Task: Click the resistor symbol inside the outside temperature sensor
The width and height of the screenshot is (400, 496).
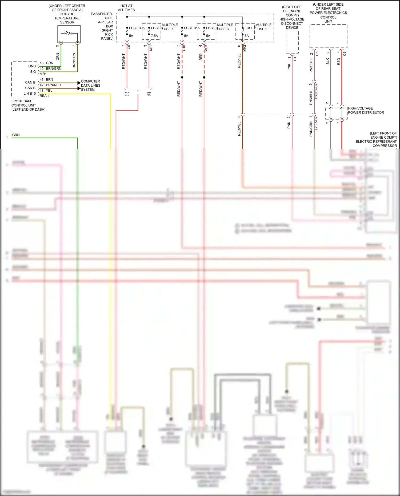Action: pyautogui.click(x=69, y=33)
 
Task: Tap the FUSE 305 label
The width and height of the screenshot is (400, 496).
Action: pyautogui.click(x=137, y=28)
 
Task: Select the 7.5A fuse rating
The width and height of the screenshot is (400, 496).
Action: pyautogui.click(x=154, y=36)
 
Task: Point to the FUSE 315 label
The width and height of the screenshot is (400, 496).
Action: pyautogui.click(x=192, y=28)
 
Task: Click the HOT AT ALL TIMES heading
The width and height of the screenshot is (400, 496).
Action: pyautogui.click(x=126, y=8)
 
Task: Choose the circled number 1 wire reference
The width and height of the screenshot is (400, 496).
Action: pyautogui.click(x=127, y=94)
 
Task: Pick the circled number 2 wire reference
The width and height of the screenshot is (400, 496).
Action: pyautogui.click(x=149, y=94)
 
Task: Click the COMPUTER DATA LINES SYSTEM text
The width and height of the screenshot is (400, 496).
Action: pyautogui.click(x=91, y=85)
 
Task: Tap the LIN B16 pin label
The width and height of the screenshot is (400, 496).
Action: pyautogui.click(x=30, y=94)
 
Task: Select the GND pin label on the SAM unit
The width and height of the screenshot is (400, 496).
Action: pyautogui.click(x=32, y=66)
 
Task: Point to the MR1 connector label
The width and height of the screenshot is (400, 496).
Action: pyautogui.click(x=43, y=74)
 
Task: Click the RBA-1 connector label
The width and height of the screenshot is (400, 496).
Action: pyautogui.click(x=45, y=96)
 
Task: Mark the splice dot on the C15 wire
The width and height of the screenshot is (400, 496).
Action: pyautogui.click(x=182, y=77)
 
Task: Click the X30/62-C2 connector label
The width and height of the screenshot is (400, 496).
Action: pyautogui.click(x=316, y=91)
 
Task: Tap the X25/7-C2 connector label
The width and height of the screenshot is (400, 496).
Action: pyautogui.click(x=316, y=123)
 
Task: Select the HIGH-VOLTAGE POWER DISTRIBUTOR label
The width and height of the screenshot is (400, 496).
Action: pyautogui.click(x=366, y=110)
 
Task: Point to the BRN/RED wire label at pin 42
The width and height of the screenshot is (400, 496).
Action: pyautogui.click(x=53, y=85)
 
